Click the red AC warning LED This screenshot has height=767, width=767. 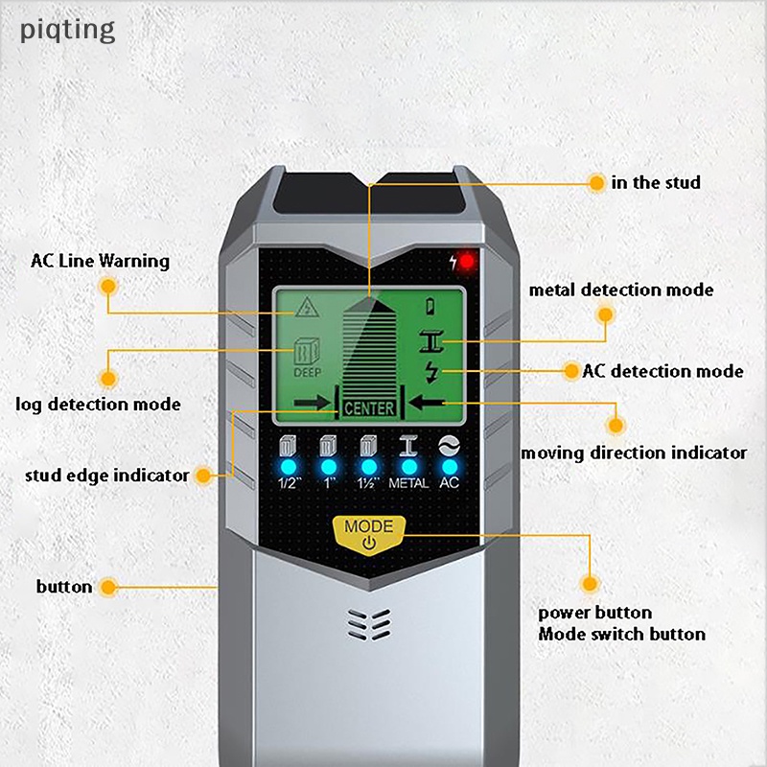467,262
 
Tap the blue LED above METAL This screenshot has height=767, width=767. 409,467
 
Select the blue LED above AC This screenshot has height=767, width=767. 450,467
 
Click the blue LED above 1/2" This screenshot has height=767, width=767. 289,467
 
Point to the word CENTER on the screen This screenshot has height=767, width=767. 369,408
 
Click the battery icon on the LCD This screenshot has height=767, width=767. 430,307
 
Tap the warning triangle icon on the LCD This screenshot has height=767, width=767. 307,307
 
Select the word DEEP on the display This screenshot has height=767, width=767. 307,373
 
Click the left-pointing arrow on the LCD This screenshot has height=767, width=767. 427,403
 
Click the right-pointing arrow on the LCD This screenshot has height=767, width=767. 313,403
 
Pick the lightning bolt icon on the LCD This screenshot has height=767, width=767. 431,372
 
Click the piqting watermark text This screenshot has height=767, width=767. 67,31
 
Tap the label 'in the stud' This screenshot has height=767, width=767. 656,182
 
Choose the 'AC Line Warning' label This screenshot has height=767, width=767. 100,261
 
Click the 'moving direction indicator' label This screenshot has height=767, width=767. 634,453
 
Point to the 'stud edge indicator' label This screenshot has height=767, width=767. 106,476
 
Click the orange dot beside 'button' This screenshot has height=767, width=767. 108,587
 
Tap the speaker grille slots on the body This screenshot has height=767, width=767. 369,624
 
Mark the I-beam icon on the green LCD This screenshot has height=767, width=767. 431,341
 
